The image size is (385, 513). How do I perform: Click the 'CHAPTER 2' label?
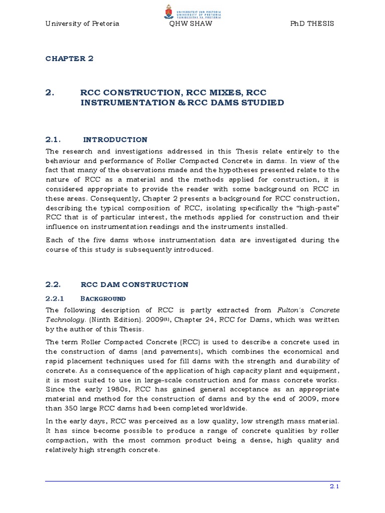pos(69,59)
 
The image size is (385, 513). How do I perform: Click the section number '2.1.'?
pos(53,140)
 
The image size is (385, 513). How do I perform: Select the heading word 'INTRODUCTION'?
pos(115,140)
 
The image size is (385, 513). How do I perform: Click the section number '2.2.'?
pos(53,285)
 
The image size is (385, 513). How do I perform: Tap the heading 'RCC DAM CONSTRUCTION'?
pos(134,285)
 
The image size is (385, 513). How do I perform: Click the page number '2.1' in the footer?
pos(334,485)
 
